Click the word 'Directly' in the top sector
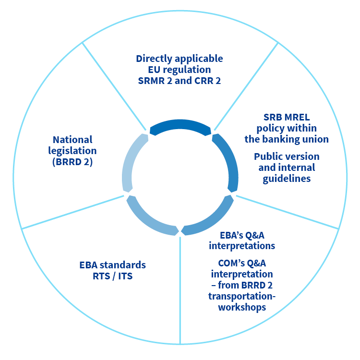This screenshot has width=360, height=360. [154, 59]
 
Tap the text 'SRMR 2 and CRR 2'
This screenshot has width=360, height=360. [180, 81]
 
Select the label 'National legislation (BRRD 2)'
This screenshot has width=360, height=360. [72, 151]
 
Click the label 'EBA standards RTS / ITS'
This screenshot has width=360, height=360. [112, 270]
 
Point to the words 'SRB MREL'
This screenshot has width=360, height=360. [287, 117]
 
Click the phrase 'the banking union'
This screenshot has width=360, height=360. [287, 139]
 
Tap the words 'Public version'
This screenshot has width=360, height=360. [287, 156]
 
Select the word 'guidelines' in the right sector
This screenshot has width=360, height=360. [287, 179]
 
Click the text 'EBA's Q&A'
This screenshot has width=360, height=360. [242, 235]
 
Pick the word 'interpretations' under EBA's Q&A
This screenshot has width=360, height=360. [242, 246]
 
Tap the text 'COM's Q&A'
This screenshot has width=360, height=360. [242, 263]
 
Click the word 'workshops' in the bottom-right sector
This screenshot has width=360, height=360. [242, 307]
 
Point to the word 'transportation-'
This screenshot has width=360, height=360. [242, 296]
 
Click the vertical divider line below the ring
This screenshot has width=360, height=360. [180, 290]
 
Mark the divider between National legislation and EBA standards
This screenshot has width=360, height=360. [73, 212]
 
